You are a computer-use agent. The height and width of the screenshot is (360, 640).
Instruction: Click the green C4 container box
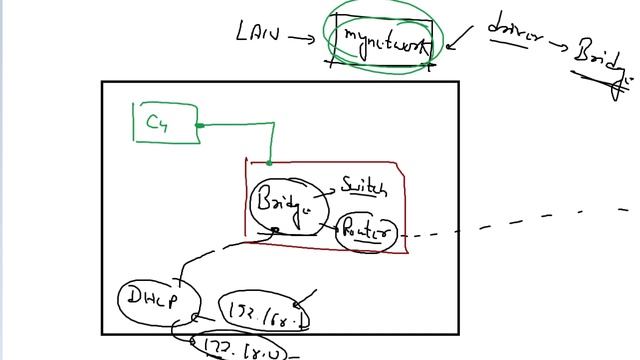click(166, 122)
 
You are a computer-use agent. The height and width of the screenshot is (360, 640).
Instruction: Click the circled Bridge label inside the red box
click(285, 203)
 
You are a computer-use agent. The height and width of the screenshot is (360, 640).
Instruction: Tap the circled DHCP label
click(153, 298)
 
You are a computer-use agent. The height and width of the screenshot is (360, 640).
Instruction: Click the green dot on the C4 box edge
click(200, 125)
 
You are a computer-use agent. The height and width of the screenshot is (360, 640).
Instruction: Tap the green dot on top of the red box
click(269, 160)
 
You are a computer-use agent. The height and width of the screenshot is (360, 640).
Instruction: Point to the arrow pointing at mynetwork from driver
click(457, 41)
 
